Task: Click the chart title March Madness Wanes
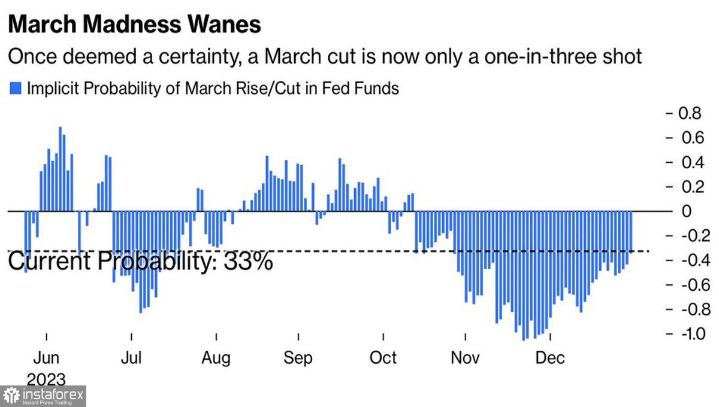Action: pos(134,25)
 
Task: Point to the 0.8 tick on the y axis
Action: pos(688,113)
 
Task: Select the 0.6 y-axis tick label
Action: pos(688,138)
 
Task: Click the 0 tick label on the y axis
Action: pos(687,211)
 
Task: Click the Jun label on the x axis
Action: pos(46,358)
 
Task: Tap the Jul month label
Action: pos(131,358)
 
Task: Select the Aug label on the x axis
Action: pos(216,358)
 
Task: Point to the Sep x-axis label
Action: pos(298,358)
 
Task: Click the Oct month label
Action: pos(383,358)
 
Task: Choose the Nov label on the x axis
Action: pos(466,358)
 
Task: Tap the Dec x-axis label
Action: pos(550,358)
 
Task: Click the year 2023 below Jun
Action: pos(46,378)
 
